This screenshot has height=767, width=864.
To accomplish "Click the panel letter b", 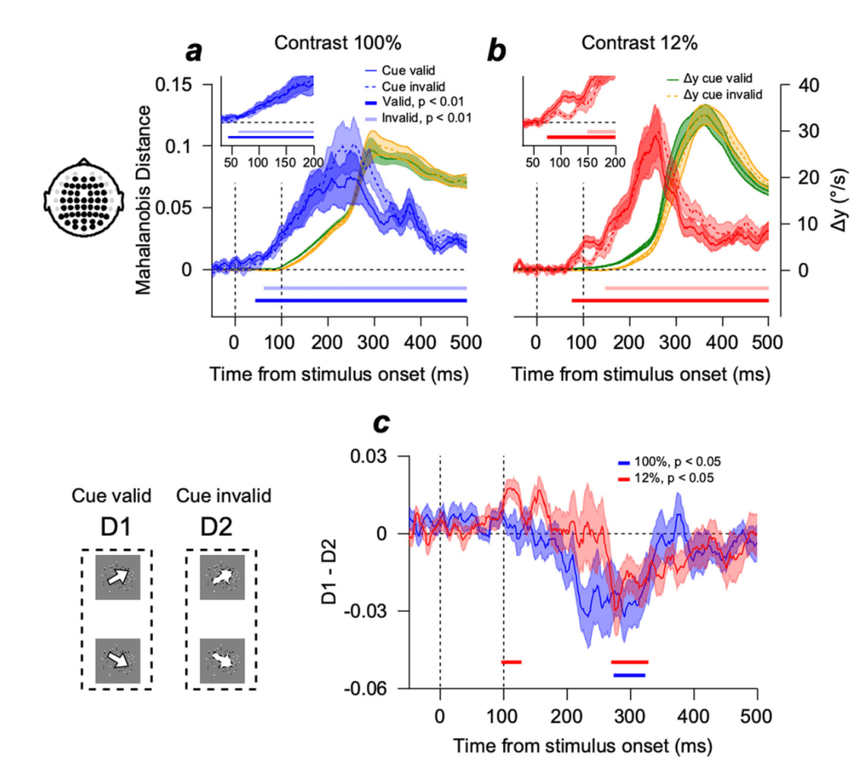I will tap(497, 52).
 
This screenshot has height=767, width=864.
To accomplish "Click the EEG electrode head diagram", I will tap(81, 197).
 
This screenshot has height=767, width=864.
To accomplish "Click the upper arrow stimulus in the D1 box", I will tap(119, 578).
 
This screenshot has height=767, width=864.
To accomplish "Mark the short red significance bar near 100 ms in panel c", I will tap(512, 662).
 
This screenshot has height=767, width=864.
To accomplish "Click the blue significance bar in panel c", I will tap(629, 675).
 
